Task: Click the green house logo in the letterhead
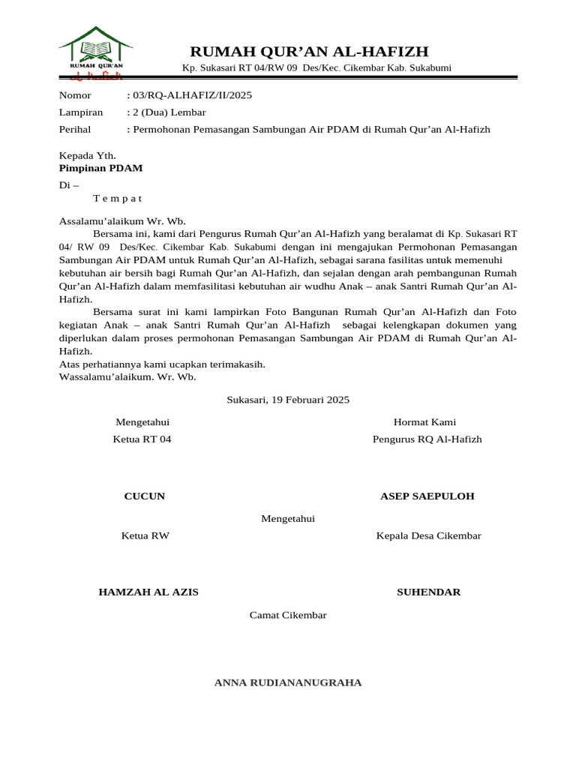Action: (x=95, y=51)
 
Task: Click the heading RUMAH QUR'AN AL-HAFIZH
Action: (x=309, y=51)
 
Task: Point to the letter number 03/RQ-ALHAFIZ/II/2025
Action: (x=192, y=95)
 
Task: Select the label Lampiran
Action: (x=80, y=112)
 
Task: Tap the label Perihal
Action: (x=75, y=130)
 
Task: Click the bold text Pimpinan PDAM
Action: (x=100, y=168)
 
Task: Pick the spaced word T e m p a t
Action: (x=117, y=199)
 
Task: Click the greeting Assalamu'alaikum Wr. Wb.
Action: (x=122, y=221)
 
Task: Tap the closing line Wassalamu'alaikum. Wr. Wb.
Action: (x=127, y=376)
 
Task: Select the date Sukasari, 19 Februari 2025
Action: (x=288, y=400)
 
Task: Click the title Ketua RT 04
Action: (x=142, y=439)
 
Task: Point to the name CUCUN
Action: (x=144, y=496)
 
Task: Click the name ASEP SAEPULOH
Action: (x=427, y=496)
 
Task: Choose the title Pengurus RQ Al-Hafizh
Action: (x=427, y=439)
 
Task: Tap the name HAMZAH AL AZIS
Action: (x=148, y=592)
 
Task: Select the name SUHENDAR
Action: (x=428, y=592)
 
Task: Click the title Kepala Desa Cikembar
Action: (x=428, y=535)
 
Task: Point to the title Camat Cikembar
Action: (x=288, y=615)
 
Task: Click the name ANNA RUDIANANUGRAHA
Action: (x=288, y=682)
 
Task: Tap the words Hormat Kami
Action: (x=424, y=422)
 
